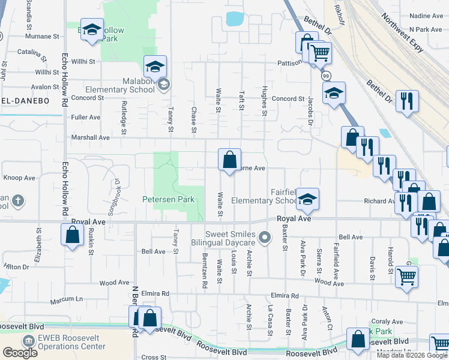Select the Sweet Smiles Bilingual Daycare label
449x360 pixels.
point(231,239)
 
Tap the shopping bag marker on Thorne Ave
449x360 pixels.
point(229,160)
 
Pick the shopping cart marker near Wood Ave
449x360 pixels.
point(407,277)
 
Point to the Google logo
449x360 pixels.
point(20,352)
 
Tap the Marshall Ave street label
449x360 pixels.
point(91,137)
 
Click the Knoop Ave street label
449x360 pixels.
point(19,178)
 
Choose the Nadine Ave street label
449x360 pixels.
point(426,16)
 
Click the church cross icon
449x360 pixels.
point(18,200)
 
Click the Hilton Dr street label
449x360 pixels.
point(16,266)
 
